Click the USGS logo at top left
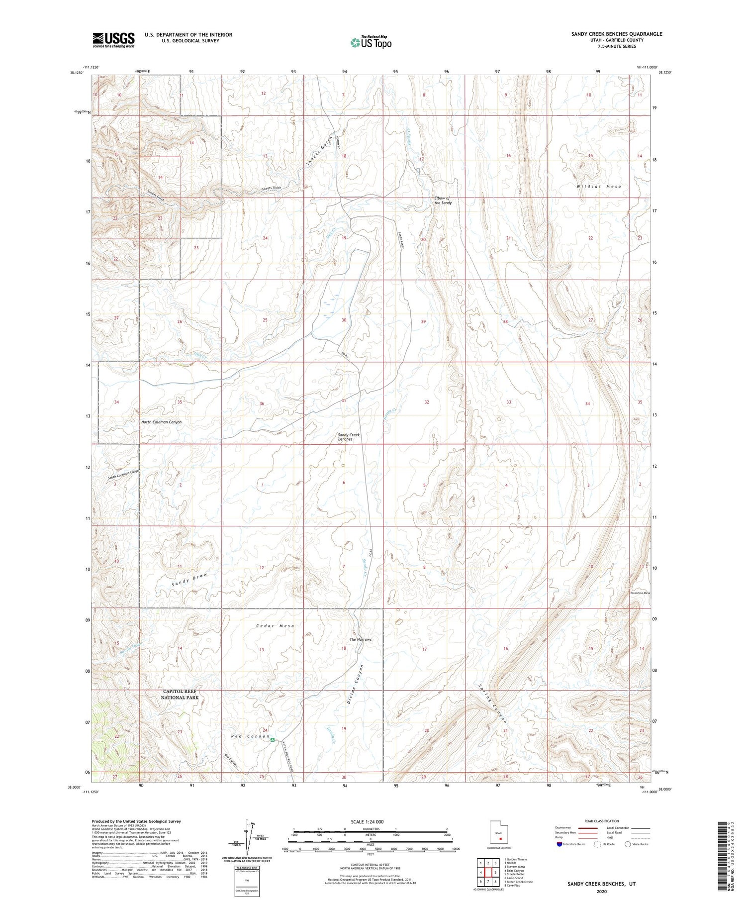(x=113, y=40)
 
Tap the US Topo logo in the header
(x=371, y=43)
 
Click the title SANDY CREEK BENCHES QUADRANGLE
(x=617, y=34)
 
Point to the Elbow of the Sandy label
(x=443, y=200)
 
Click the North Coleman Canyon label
(x=161, y=422)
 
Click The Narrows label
(x=361, y=639)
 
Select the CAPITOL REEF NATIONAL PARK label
(x=180, y=695)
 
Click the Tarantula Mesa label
(x=640, y=593)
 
